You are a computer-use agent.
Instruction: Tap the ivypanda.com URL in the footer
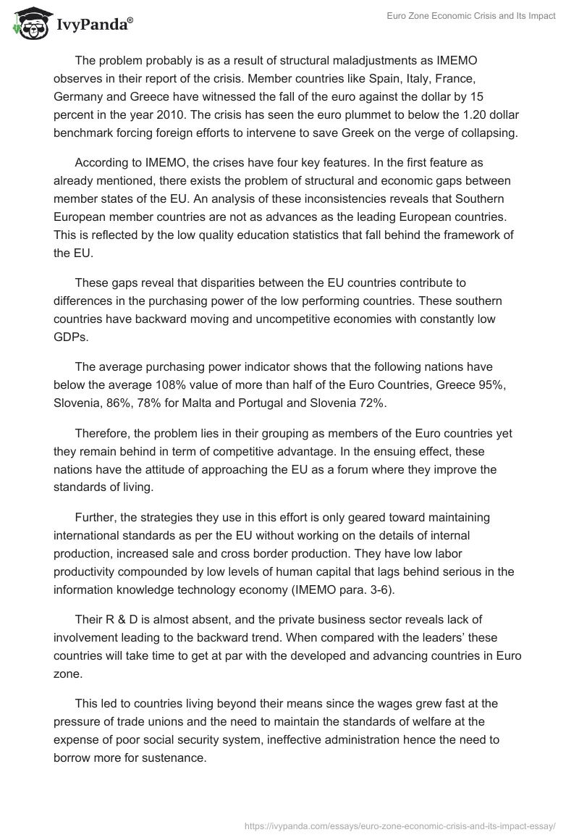[400, 824]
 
